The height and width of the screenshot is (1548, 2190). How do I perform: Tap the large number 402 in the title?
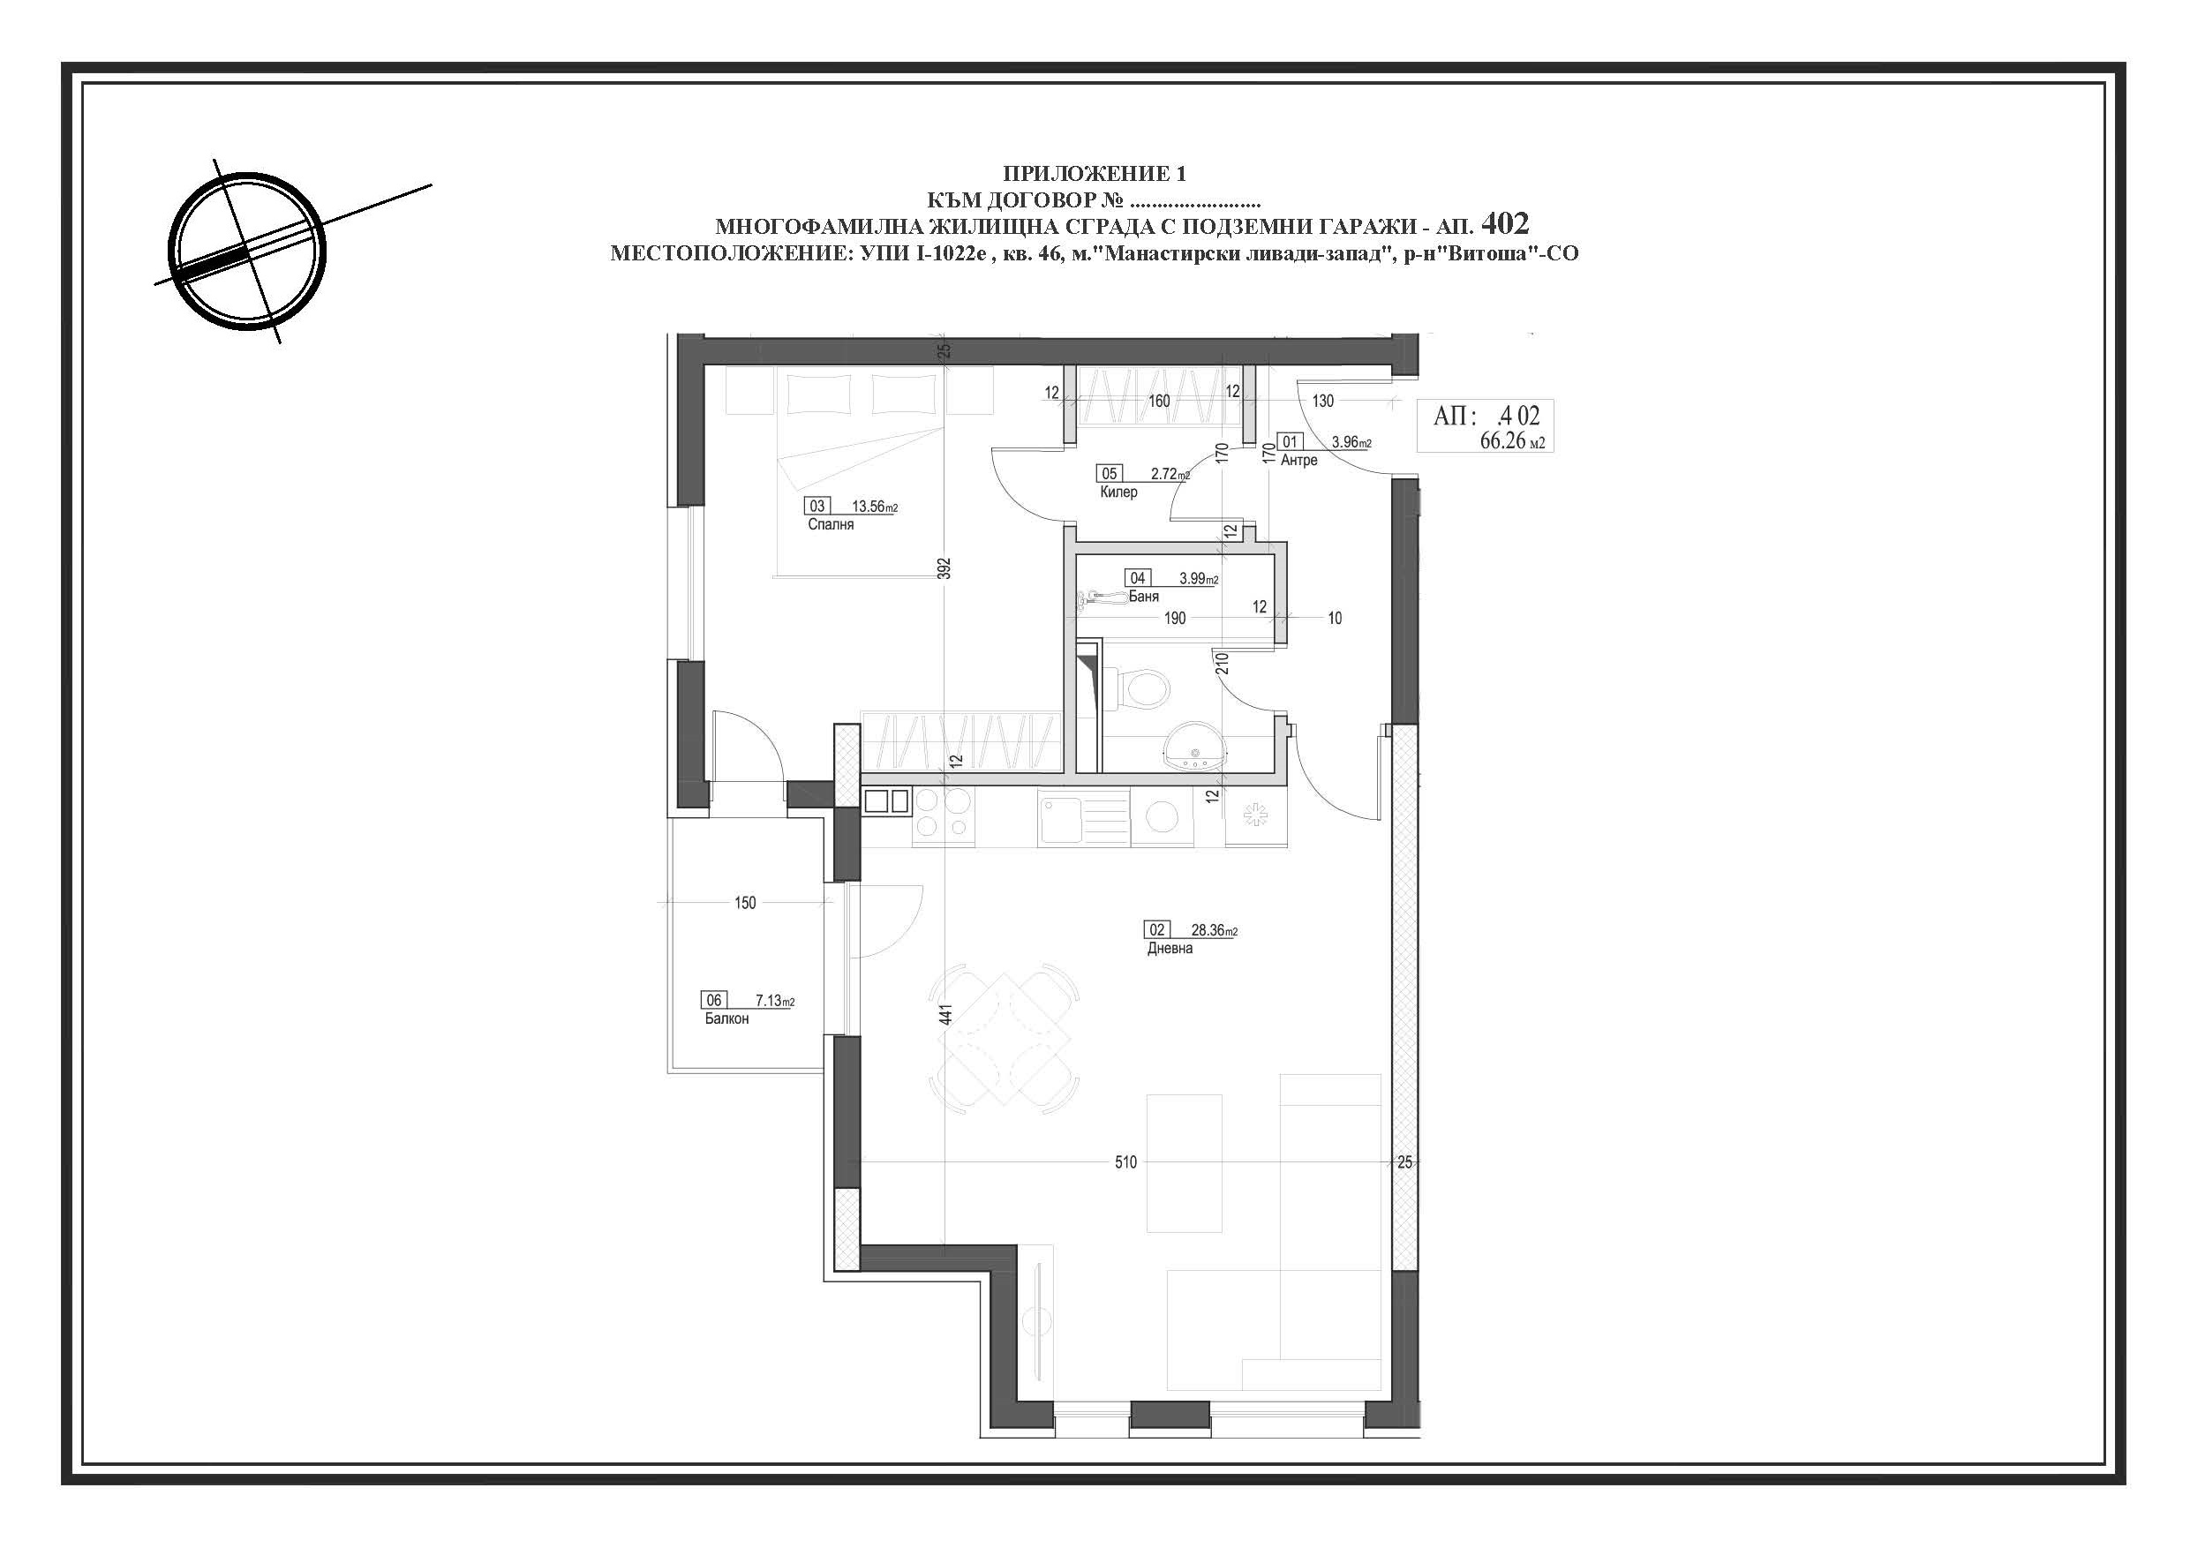(1507, 223)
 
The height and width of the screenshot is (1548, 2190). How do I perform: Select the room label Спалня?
(831, 524)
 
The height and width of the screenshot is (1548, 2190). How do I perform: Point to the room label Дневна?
(1170, 948)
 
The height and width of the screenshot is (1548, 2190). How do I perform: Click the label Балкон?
(726, 1018)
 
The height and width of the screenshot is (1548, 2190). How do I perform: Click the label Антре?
(1299, 460)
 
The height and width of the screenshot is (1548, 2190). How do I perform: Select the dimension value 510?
(1125, 1162)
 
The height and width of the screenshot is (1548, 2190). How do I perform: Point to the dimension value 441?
(945, 1014)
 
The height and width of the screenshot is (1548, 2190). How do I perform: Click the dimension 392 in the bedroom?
(944, 569)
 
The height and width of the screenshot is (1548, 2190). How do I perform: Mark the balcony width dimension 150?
(745, 902)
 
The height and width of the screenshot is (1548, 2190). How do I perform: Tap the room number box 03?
(817, 507)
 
